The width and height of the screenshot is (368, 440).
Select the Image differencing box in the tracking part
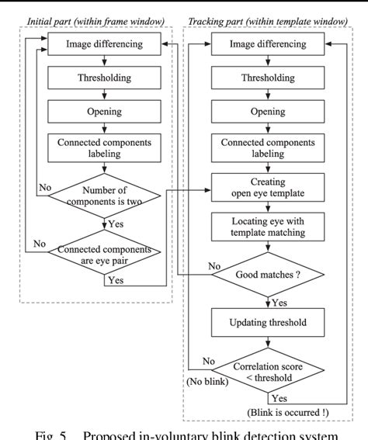267,43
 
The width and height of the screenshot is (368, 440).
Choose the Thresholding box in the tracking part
267,78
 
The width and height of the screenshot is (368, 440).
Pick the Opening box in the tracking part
267,112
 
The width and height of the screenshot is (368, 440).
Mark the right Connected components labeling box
267,151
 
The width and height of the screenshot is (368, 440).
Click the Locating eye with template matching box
267,229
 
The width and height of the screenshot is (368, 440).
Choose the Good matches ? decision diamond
267,274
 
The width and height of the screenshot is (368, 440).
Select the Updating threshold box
267,321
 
